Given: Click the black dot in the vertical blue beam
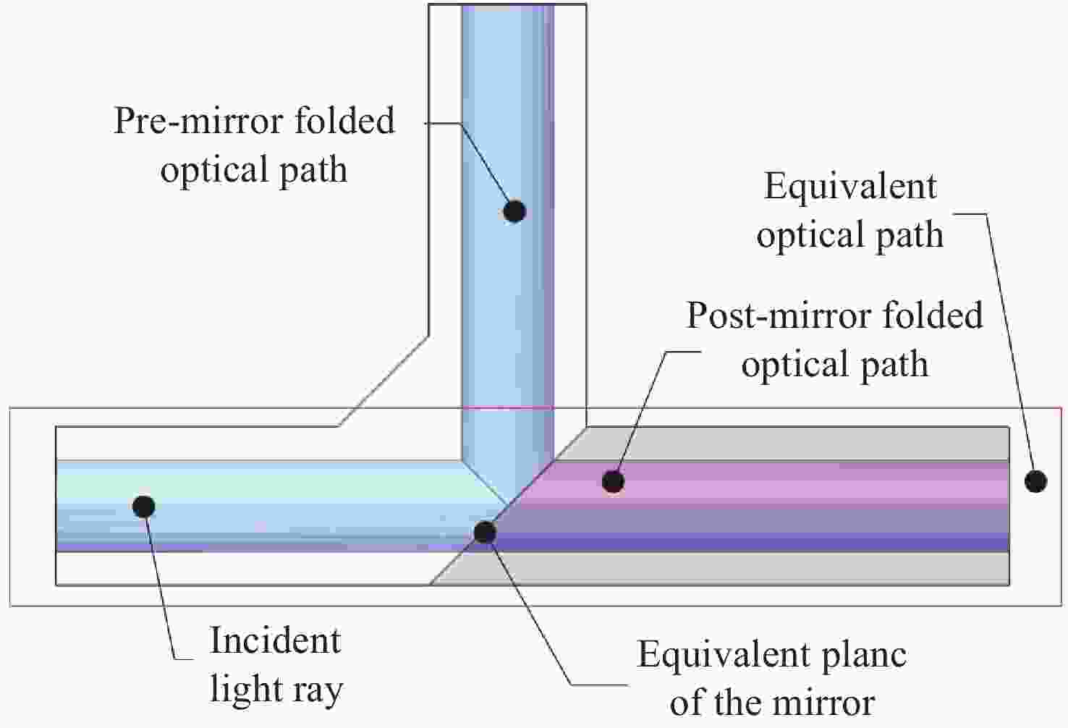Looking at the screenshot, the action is click(514, 211).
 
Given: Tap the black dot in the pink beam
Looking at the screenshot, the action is click(613, 481).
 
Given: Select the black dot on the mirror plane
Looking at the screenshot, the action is click(485, 532).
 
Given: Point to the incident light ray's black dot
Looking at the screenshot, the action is click(143, 507).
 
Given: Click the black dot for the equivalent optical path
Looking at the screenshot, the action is click(1035, 481).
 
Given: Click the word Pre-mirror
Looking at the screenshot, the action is click(199, 121).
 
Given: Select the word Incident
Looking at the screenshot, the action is click(275, 640).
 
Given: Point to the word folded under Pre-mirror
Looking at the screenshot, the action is click(344, 121).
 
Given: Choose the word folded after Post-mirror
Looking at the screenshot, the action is click(933, 316).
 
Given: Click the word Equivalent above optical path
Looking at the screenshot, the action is click(850, 187).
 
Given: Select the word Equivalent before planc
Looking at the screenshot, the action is click(724, 655).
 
